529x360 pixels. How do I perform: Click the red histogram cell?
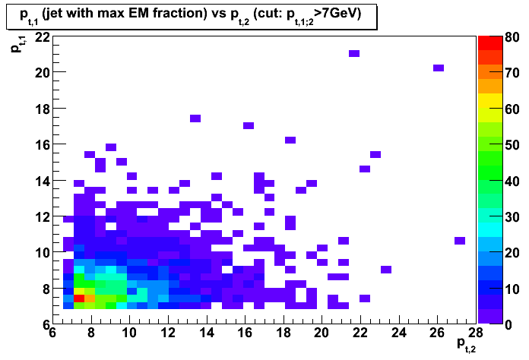(x=79, y=298)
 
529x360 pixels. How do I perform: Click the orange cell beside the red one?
(x=90, y=298)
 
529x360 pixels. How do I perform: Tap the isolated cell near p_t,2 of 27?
(x=460, y=241)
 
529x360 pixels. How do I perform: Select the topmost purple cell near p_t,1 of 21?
(x=354, y=54)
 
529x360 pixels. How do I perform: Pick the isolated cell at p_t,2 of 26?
(x=439, y=68)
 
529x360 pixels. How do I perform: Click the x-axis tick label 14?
(x=207, y=333)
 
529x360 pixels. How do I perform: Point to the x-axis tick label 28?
(x=476, y=333)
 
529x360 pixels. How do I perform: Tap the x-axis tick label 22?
(x=360, y=333)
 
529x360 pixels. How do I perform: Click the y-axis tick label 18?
(x=42, y=109)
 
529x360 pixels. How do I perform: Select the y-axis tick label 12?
(x=42, y=216)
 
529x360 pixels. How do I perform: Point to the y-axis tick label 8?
(x=46, y=289)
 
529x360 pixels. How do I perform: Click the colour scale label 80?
(x=512, y=36)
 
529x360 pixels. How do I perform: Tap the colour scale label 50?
(x=512, y=145)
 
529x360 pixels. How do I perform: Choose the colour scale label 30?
(x=512, y=216)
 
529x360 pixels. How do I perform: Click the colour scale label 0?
(x=508, y=325)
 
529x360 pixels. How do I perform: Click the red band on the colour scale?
(x=490, y=43)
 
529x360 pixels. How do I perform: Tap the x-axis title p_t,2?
(x=466, y=345)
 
